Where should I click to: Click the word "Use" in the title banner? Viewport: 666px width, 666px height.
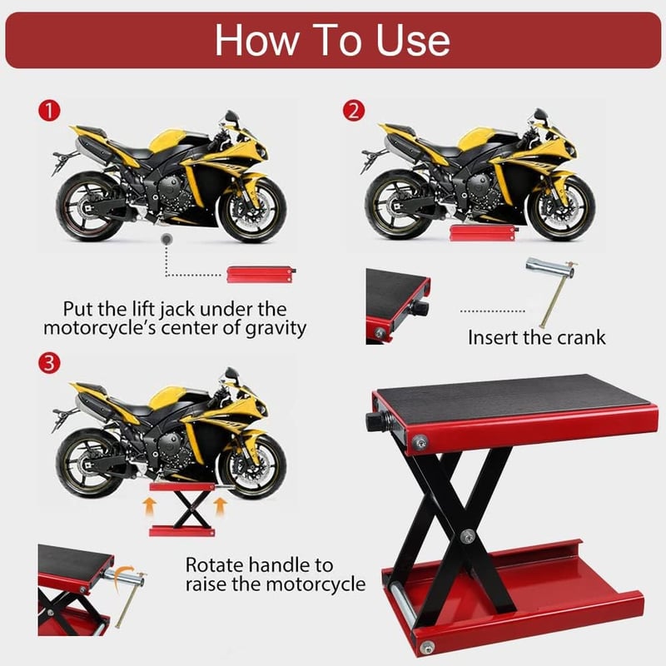413,40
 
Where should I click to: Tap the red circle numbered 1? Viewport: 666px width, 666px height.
49,111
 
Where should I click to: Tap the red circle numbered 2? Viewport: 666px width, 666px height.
354,111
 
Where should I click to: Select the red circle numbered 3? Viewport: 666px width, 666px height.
49,364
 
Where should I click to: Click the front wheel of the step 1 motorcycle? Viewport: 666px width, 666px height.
252,211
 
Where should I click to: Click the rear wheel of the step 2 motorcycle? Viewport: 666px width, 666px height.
397,205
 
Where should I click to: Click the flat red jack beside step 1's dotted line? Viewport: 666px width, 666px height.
261,275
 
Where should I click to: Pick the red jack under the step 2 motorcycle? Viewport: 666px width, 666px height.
484,233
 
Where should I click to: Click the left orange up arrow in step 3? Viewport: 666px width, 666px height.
149,507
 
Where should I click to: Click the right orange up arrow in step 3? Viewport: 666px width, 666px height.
219,507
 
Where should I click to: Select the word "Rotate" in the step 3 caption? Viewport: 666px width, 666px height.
214,565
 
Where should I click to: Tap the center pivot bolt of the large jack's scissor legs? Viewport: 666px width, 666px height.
468,536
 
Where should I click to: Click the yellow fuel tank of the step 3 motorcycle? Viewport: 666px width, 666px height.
167,398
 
